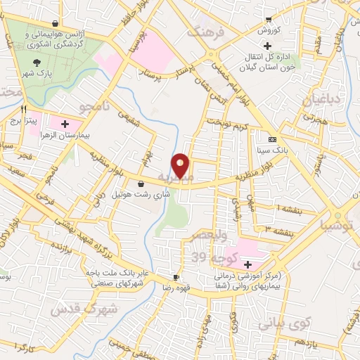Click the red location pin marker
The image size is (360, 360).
(181, 166)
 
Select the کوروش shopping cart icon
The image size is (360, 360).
(269, 19)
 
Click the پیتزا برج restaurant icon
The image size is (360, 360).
(24, 110)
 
